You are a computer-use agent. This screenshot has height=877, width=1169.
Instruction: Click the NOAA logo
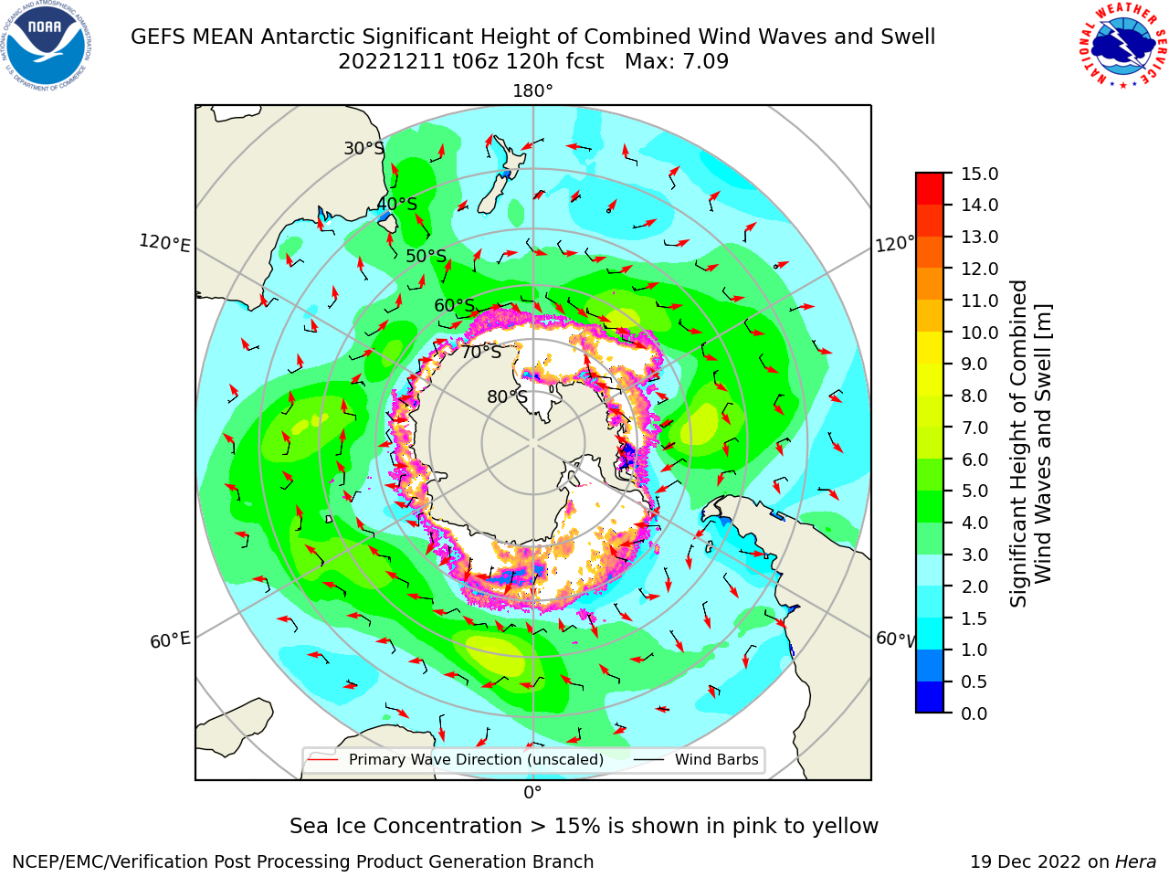(47, 47)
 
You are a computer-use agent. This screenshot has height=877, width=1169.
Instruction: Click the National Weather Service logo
(1122, 46)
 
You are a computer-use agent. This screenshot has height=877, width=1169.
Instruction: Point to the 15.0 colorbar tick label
(979, 174)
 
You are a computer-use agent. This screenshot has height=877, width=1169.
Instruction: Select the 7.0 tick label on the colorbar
(974, 428)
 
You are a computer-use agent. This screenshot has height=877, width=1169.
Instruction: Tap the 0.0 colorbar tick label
(974, 713)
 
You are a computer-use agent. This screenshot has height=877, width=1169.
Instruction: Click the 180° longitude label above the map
(532, 91)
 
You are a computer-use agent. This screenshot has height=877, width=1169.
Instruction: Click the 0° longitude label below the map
(532, 793)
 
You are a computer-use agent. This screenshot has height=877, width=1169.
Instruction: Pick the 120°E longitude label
(164, 243)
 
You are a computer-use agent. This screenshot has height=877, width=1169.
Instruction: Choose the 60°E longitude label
(170, 639)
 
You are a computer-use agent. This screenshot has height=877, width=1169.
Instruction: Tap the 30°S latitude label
(363, 148)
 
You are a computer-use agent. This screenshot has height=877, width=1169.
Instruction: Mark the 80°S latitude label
(507, 396)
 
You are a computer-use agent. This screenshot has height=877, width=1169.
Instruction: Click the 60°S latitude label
(454, 305)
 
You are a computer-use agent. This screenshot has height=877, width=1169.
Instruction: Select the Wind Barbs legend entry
(696, 759)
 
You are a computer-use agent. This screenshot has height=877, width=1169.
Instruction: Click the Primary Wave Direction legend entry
(457, 759)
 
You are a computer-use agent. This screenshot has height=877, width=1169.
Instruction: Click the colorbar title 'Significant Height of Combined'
(1017, 444)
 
